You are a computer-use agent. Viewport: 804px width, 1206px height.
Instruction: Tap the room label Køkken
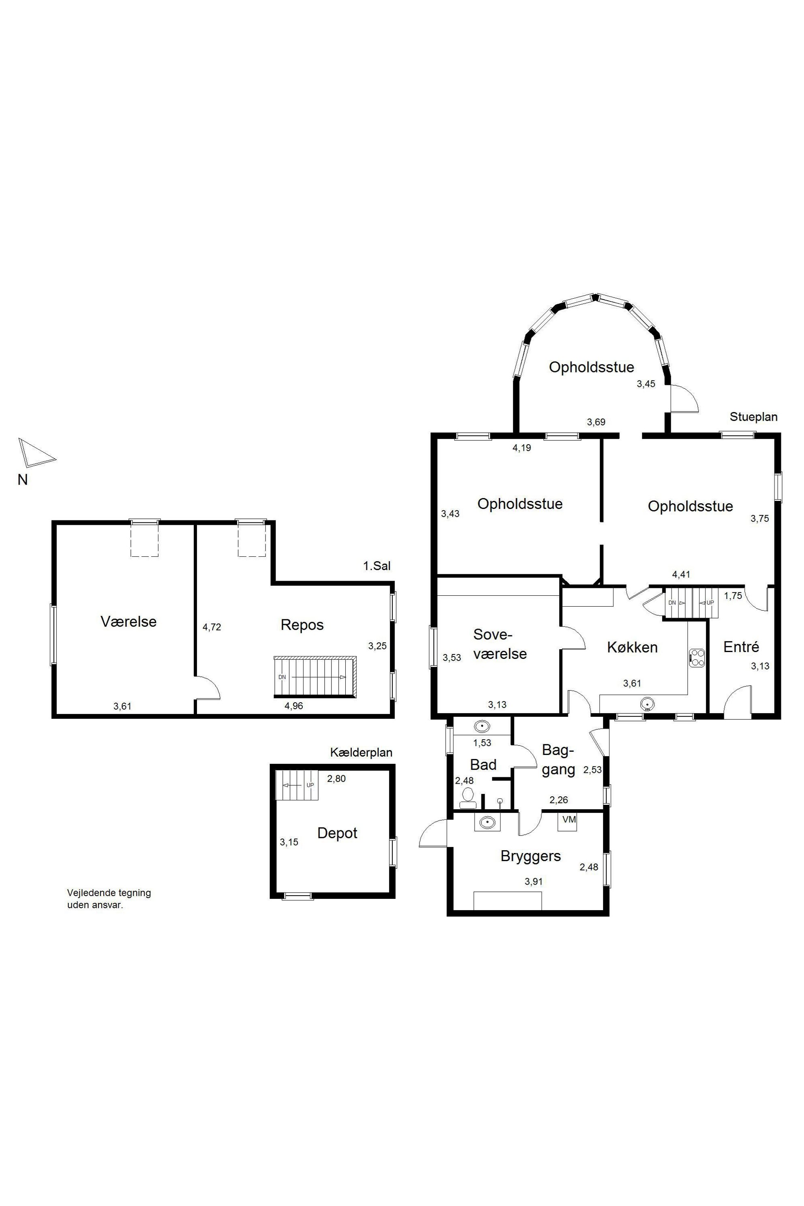coord(632,647)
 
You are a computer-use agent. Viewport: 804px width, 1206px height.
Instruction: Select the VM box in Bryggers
coord(569,820)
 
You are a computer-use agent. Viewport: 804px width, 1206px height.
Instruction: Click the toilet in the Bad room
coord(468,798)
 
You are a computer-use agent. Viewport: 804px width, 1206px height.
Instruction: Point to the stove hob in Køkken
coord(697,658)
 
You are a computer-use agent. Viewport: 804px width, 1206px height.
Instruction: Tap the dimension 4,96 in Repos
coord(294,706)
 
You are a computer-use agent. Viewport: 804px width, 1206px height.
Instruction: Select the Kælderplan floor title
coord(361,752)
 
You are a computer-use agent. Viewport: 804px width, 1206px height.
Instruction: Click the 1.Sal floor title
coord(377,566)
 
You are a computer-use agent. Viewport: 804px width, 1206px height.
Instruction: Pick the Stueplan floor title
coord(754,417)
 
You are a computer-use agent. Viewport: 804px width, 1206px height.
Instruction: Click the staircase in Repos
coord(315,676)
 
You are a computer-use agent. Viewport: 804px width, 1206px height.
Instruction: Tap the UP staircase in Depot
coord(297,785)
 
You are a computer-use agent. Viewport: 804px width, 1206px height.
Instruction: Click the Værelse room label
coord(129,622)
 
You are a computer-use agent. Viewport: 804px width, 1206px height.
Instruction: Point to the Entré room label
coord(741,647)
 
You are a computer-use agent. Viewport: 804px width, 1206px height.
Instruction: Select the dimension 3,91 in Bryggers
coord(533,881)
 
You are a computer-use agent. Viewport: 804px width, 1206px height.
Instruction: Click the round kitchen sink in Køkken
coord(648,703)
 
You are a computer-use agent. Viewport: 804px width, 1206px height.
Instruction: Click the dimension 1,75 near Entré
coord(733,595)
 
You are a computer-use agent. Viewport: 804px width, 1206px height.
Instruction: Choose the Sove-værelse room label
coord(500,644)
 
